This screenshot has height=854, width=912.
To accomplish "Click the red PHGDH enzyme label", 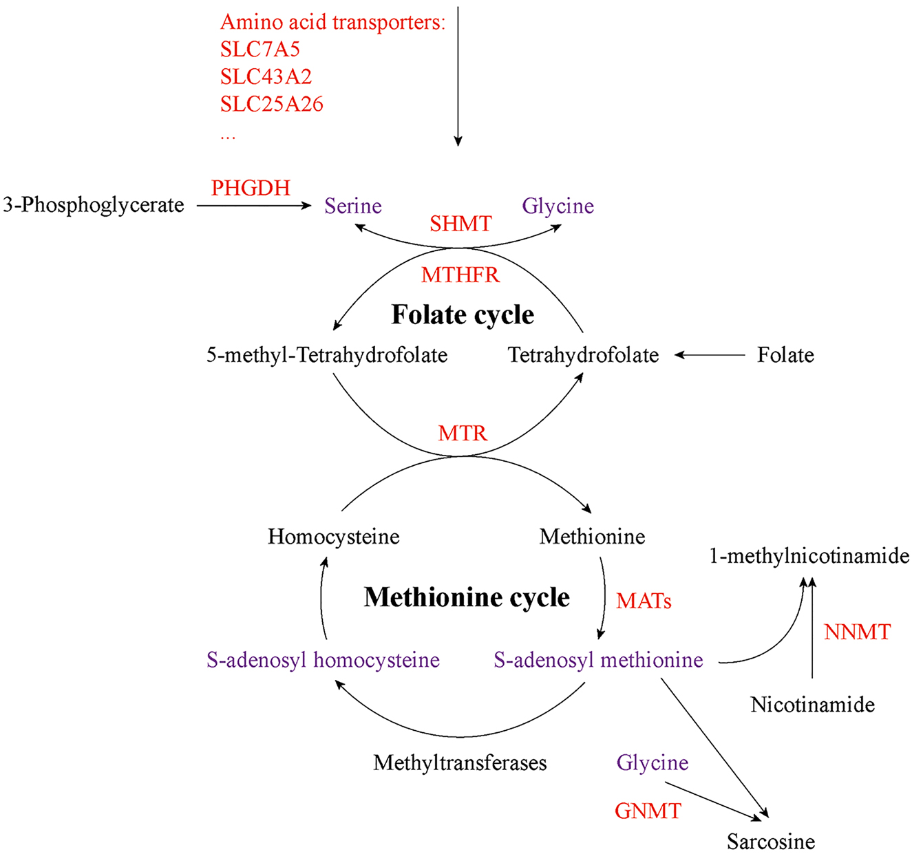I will pyautogui.click(x=251, y=188).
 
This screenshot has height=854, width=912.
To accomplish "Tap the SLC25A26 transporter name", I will pyautogui.click(x=272, y=105).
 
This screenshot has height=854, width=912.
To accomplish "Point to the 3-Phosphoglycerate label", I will pyautogui.click(x=94, y=205).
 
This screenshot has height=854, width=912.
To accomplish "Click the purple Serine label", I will pyautogui.click(x=353, y=206).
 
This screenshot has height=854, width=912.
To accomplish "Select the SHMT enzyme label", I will pyautogui.click(x=460, y=224).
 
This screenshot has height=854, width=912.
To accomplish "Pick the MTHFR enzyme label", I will pyautogui.click(x=460, y=275).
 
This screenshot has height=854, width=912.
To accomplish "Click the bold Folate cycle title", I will pyautogui.click(x=463, y=314).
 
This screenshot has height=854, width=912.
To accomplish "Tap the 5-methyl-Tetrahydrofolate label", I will pyautogui.click(x=327, y=355).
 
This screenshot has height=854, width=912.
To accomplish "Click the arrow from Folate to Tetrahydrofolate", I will pyautogui.click(x=709, y=355).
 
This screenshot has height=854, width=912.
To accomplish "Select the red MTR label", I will pyautogui.click(x=463, y=434).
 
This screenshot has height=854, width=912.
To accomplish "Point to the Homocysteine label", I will pyautogui.click(x=334, y=537).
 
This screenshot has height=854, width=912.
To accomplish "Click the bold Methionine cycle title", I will pyautogui.click(x=467, y=597).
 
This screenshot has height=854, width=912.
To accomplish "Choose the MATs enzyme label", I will pyautogui.click(x=644, y=601).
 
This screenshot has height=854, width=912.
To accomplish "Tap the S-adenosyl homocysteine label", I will pyautogui.click(x=323, y=660).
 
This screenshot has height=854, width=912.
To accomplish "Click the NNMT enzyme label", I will pyautogui.click(x=857, y=632).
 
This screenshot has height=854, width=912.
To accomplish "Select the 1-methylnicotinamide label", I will pyautogui.click(x=809, y=556).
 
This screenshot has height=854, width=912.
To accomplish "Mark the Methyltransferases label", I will pyautogui.click(x=460, y=762).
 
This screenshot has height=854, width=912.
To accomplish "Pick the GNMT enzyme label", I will pyautogui.click(x=648, y=811).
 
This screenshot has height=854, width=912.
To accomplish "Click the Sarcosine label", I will pyautogui.click(x=771, y=841).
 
